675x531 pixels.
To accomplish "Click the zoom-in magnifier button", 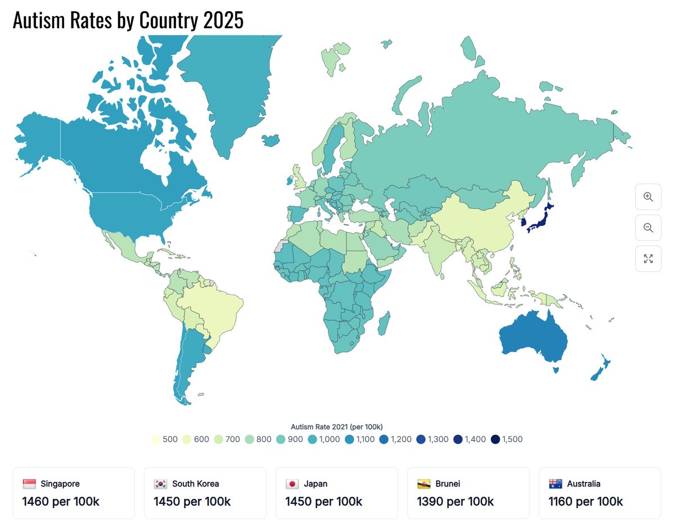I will tap(648, 197).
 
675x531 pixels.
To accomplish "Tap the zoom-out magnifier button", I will tap(648, 228).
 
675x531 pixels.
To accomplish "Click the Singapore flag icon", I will tap(29, 484).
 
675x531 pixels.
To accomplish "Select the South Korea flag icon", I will tap(161, 484).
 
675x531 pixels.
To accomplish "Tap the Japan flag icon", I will tap(292, 484).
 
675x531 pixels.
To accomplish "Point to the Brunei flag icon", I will tap(424, 484).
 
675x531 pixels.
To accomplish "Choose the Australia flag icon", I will tap(556, 484).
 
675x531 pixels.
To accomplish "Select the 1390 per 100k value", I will tap(455, 501).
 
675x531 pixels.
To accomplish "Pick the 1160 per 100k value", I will tap(586, 501).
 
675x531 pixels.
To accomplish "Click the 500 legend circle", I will tap(155, 440).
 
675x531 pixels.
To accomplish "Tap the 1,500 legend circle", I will tap(495, 440).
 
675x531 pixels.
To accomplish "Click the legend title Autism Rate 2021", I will tap(336, 426).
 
